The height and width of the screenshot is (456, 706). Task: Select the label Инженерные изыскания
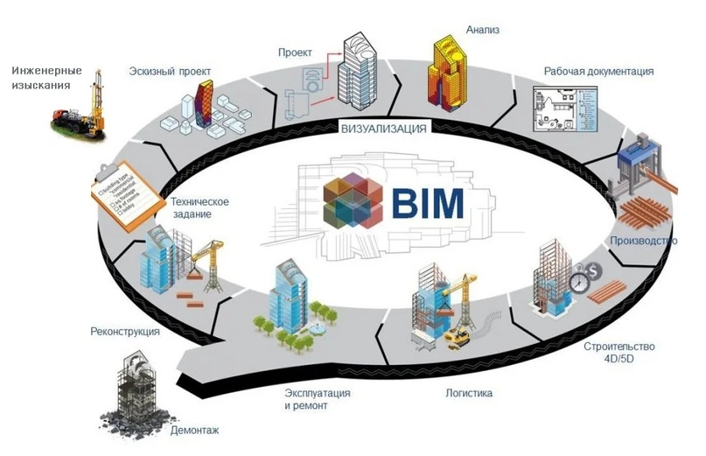pyautogui.click(x=47, y=77)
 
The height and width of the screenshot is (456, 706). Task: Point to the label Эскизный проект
pyautogui.click(x=171, y=70)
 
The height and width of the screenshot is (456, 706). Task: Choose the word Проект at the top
pyautogui.click(x=297, y=52)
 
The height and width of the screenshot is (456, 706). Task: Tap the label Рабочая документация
pyautogui.click(x=598, y=71)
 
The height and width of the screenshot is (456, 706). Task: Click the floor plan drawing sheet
pyautogui.click(x=563, y=112)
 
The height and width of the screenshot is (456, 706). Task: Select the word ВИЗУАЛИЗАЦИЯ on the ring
pyautogui.click(x=384, y=129)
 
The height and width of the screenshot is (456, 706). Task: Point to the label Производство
pyautogui.click(x=642, y=240)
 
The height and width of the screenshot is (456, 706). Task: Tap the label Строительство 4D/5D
pyautogui.click(x=619, y=352)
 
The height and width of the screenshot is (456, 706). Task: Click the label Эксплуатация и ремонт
pyautogui.click(x=318, y=400)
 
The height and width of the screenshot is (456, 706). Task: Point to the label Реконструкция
pyautogui.click(x=125, y=332)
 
